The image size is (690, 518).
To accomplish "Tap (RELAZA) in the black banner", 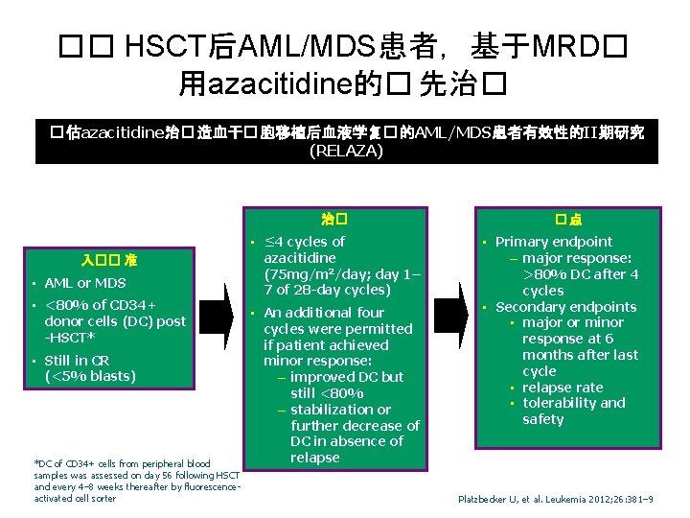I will click(x=346, y=151).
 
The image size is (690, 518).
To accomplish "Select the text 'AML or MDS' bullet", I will click(x=85, y=283).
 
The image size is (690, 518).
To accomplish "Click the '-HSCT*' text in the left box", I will click(x=72, y=337).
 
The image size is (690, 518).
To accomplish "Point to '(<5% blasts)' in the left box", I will click(x=90, y=376).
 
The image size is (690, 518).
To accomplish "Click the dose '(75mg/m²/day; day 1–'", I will click(x=342, y=273).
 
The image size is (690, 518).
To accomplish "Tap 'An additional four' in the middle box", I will click(x=323, y=313).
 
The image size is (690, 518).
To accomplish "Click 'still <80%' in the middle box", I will click(x=328, y=393).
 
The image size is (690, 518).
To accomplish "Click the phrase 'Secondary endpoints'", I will click(x=565, y=307).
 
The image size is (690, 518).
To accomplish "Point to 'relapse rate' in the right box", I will click(x=563, y=388).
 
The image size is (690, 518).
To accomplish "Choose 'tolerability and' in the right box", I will click(x=573, y=403).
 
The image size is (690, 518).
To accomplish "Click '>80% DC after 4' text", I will click(x=580, y=274).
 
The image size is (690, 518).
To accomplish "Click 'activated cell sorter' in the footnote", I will click(x=74, y=499).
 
